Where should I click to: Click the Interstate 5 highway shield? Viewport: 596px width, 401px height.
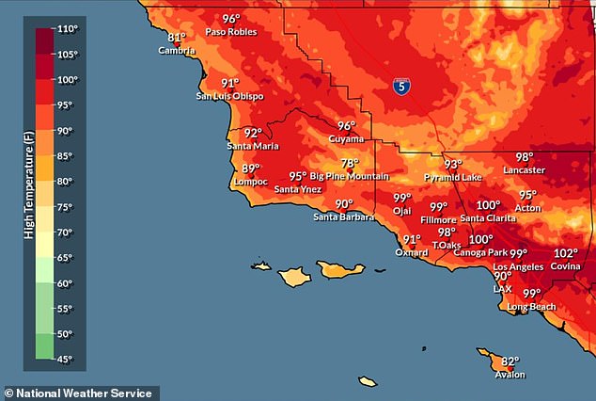[x=401, y=87]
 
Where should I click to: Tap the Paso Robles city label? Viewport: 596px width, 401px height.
[x=230, y=31]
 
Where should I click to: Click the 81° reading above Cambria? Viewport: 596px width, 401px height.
[x=177, y=38]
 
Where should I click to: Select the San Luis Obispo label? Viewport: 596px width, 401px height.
[x=229, y=95]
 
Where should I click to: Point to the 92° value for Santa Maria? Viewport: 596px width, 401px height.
[x=252, y=134]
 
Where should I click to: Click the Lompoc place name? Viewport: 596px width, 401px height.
[x=249, y=181]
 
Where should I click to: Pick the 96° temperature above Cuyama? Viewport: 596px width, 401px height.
[x=347, y=126]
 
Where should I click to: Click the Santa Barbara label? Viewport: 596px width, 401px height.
[x=343, y=217]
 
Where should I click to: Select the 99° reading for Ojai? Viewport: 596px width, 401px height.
[x=402, y=198]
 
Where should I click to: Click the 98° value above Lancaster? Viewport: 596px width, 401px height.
[x=524, y=157]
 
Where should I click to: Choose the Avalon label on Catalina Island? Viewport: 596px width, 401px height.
[x=510, y=374]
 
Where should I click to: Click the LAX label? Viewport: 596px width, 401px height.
[x=503, y=288]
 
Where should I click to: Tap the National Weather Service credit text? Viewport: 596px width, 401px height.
[x=80, y=392]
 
